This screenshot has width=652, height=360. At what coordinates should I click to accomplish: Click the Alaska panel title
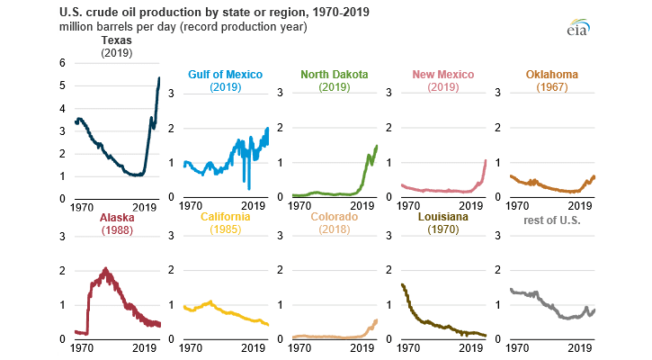117,218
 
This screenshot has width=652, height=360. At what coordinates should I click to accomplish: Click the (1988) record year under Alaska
117,231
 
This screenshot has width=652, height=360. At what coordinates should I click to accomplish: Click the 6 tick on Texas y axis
61,63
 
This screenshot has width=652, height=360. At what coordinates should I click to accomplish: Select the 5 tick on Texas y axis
61,85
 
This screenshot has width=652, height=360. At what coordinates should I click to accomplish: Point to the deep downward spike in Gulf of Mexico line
249,188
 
